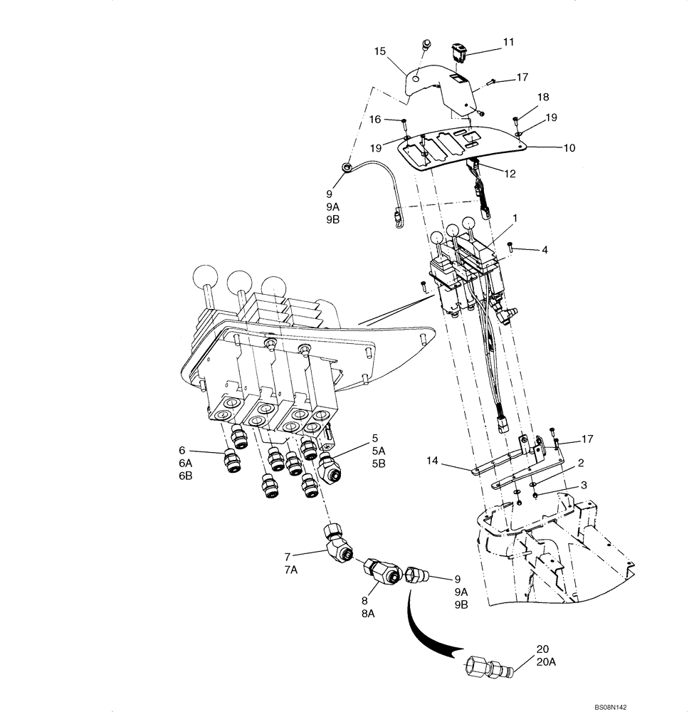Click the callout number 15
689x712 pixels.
click(x=380, y=51)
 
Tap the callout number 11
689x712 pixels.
click(x=508, y=43)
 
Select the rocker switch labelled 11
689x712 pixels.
click(x=457, y=52)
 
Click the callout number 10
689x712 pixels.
click(x=569, y=148)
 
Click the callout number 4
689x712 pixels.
click(x=544, y=250)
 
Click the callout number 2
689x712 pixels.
click(x=581, y=463)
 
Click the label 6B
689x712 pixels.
click(x=185, y=476)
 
